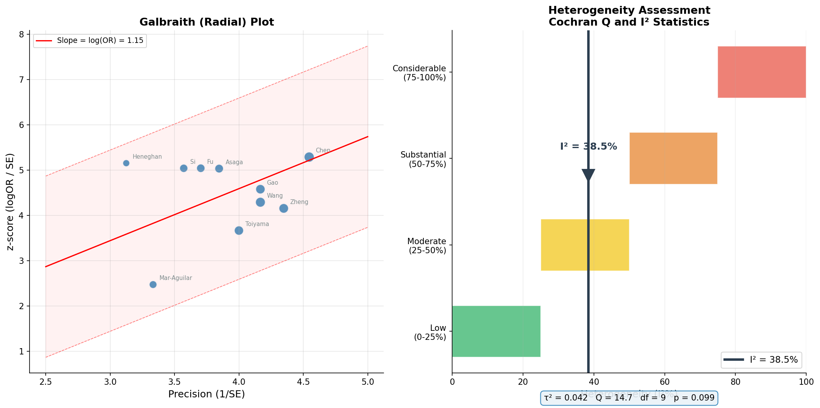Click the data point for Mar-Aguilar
click(x=153, y=284)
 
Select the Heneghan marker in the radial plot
click(x=126, y=163)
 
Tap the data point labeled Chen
click(x=309, y=157)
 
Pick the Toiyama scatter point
click(x=239, y=230)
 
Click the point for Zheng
click(x=284, y=208)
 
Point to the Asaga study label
click(x=234, y=162)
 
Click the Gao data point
click(x=260, y=189)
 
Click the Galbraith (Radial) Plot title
click(x=206, y=22)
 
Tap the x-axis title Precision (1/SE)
click(x=206, y=394)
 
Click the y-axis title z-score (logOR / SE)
click(x=11, y=201)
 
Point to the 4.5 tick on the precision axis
click(x=303, y=381)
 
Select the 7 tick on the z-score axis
click(x=22, y=80)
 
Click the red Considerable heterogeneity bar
click(x=761, y=72)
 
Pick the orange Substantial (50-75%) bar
click(x=673, y=158)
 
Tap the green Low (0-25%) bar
click(x=496, y=331)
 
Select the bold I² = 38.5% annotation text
click(x=588, y=147)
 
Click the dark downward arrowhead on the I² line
click(x=588, y=174)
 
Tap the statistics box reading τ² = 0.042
click(x=629, y=398)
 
